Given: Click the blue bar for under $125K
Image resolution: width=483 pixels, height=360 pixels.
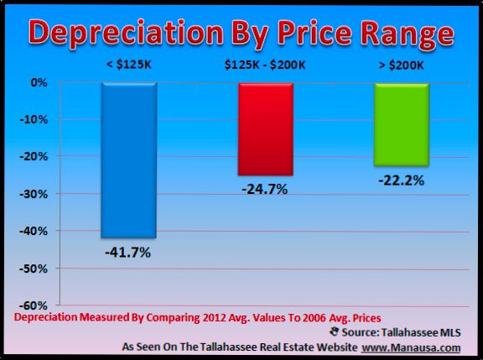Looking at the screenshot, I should coord(128,159).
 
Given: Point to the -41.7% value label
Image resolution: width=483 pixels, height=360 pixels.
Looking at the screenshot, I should coord(128,252).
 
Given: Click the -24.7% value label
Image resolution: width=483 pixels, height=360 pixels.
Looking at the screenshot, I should coord(265,189).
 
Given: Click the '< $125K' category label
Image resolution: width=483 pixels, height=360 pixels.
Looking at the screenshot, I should coord(128,65).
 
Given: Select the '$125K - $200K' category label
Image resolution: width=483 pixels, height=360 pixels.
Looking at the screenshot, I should coord(265,65).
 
